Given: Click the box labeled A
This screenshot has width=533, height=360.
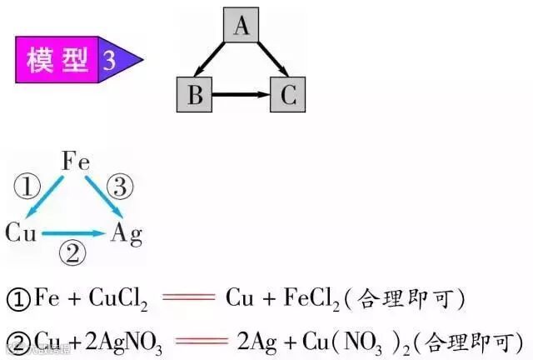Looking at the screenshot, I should click(x=242, y=27).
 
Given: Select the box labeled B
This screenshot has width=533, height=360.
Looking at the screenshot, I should click(x=196, y=95).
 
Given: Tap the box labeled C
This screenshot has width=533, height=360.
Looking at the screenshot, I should click(x=287, y=95).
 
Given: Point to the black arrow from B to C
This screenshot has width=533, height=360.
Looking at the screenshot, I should click(x=242, y=95).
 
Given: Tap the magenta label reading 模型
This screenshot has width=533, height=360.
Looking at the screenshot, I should click(x=55, y=60).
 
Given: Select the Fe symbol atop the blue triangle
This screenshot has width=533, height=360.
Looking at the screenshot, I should click(x=77, y=162).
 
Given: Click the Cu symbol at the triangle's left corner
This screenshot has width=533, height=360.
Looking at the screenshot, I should click(x=21, y=232).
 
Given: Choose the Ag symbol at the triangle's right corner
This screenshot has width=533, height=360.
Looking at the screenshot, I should click(x=127, y=232).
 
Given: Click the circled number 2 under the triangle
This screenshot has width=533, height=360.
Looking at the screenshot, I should click(x=75, y=252).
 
